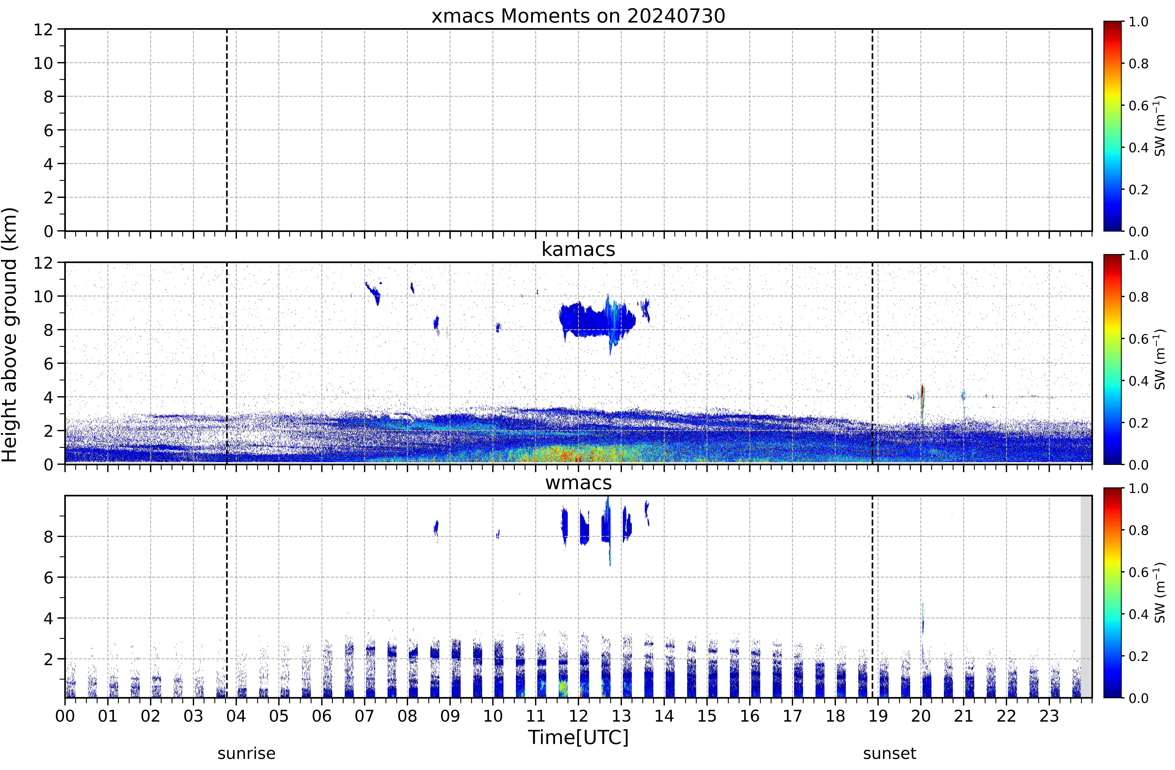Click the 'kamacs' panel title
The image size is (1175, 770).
(578, 249)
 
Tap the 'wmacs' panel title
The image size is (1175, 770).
(578, 483)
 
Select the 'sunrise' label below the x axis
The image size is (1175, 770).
(246, 754)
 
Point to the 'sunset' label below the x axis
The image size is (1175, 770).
(890, 754)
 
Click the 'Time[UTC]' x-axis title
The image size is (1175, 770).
(578, 737)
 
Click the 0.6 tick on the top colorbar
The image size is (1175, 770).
(1138, 106)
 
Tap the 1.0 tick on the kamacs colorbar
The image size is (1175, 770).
(1138, 255)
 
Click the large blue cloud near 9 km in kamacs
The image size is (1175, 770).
(597, 320)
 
